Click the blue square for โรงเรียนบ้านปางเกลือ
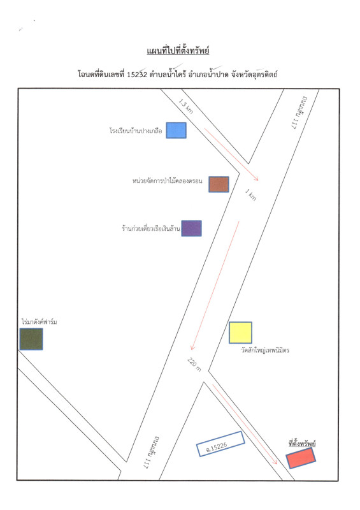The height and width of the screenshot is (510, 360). pos(176,131)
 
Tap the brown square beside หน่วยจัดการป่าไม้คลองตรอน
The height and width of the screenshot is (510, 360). pos(219,184)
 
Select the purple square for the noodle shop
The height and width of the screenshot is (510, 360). pos(192,228)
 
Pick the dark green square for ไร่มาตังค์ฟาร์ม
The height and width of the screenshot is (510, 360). pos(31,339)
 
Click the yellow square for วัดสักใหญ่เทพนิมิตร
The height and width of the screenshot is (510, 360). pos(241,333)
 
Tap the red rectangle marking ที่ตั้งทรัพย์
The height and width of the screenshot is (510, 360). pos(301,458)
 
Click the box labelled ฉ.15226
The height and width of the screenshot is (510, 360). pos(220,444)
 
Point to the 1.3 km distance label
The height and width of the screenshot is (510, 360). pos(185,106)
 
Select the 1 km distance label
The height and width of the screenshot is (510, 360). pos(251,195)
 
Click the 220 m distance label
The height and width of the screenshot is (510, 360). pos(194,365)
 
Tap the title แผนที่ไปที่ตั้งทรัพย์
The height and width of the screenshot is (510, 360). pos(178,51)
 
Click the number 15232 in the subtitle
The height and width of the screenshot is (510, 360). pos(137,75)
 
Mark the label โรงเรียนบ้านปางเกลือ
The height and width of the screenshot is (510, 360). pos(136,131)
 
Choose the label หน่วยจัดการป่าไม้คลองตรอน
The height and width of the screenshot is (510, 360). pos(167,181)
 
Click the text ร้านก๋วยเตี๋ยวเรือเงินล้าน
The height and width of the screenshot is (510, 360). pos(151,228)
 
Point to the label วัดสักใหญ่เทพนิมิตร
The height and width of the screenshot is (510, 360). pos(265,350)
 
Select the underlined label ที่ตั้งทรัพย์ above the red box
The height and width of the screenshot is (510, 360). pos(302,443)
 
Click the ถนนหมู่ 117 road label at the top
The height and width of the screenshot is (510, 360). pos(299,113)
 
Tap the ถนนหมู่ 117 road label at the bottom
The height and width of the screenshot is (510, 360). pos(151,452)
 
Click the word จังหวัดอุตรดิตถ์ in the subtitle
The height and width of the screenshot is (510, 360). pos(254,75)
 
